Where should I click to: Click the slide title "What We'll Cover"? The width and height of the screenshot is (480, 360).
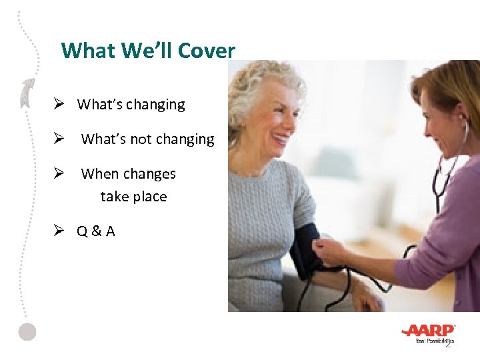[147, 51]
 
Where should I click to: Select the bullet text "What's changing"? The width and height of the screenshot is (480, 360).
[131, 105]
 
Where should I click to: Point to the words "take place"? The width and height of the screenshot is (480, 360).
[133, 197]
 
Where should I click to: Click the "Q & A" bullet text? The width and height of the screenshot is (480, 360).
[95, 231]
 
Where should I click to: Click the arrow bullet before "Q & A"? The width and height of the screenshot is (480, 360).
[59, 231]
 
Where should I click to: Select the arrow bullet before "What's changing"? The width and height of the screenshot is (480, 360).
[59, 105]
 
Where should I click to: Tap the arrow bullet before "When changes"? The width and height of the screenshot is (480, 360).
[59, 174]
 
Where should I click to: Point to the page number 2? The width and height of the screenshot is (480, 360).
[448, 343]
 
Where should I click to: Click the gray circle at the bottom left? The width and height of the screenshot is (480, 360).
[27, 331]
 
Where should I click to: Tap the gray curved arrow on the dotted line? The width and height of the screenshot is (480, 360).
[26, 93]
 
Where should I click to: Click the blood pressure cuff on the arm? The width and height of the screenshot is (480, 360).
[305, 249]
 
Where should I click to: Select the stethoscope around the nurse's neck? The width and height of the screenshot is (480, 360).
[444, 167]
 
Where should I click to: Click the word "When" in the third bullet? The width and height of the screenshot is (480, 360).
[100, 174]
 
